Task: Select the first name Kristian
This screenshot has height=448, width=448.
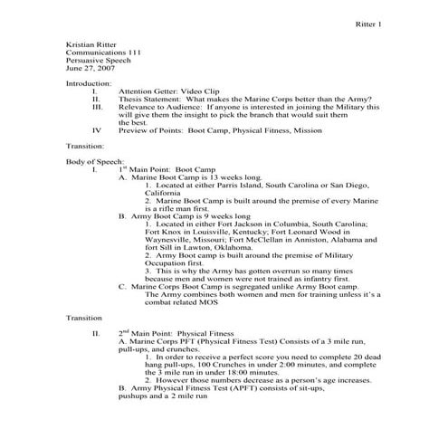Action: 81,43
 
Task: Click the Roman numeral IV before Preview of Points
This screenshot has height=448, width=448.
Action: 97,129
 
